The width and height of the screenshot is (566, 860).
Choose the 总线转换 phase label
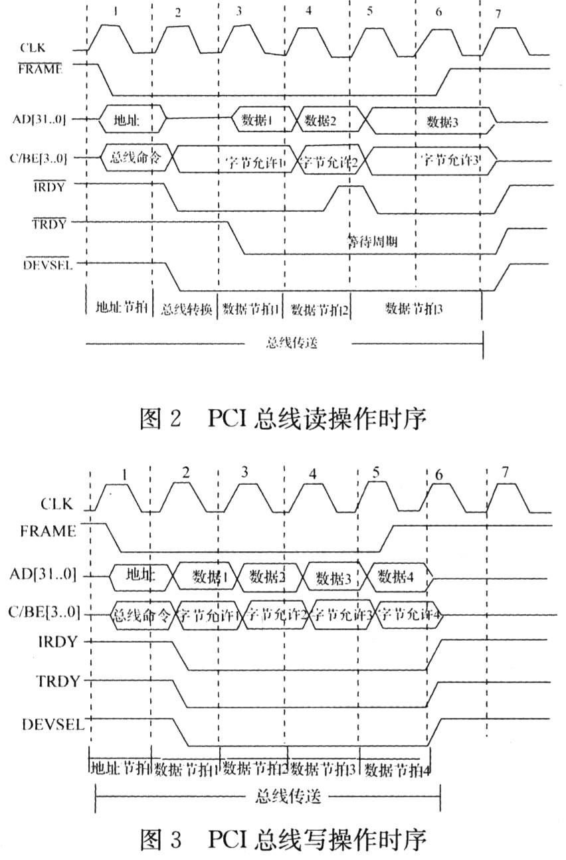point(185,309)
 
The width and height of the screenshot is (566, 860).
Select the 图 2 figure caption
point(282,419)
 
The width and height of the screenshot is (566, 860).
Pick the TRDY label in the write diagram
point(58,681)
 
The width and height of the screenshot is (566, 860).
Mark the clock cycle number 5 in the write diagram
point(376,473)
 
